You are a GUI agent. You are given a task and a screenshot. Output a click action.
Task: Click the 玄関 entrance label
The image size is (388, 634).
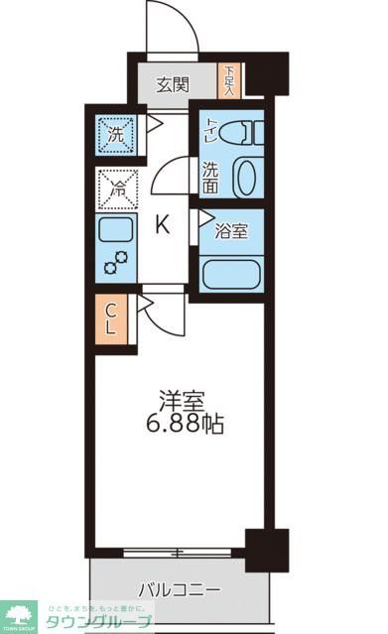point(173,84)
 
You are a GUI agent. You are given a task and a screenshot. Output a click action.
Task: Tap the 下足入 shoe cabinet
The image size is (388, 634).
point(229,80)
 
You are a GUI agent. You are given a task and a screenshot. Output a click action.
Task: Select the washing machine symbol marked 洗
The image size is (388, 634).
point(116,132)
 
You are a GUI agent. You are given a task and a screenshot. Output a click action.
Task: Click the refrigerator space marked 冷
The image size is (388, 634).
point(116,188)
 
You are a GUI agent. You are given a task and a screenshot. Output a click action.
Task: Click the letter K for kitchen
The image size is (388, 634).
point(163,224)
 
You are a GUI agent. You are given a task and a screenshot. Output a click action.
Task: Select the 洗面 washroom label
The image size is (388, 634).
point(210,177)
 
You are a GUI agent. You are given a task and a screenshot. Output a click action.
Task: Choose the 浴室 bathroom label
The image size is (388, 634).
point(232,231)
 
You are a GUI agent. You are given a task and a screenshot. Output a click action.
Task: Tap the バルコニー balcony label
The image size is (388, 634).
point(179,589)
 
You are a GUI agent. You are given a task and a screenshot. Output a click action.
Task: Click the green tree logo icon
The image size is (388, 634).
point(18,612)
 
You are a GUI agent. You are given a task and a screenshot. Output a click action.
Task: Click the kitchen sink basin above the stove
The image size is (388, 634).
point(116,234)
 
